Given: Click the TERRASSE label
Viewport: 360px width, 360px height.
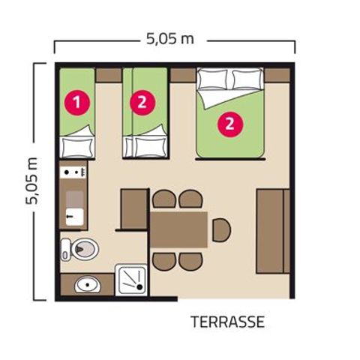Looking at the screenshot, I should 227,323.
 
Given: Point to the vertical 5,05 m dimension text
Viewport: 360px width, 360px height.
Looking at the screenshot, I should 32,181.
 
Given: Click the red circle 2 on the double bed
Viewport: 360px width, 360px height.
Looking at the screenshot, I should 229,124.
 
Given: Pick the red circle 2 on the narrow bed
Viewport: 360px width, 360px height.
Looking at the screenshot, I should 140,102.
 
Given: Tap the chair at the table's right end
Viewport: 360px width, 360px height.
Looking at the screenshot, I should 220,230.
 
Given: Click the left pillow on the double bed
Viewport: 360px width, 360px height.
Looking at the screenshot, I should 211,79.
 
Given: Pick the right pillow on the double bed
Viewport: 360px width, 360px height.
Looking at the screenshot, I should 247,79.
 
